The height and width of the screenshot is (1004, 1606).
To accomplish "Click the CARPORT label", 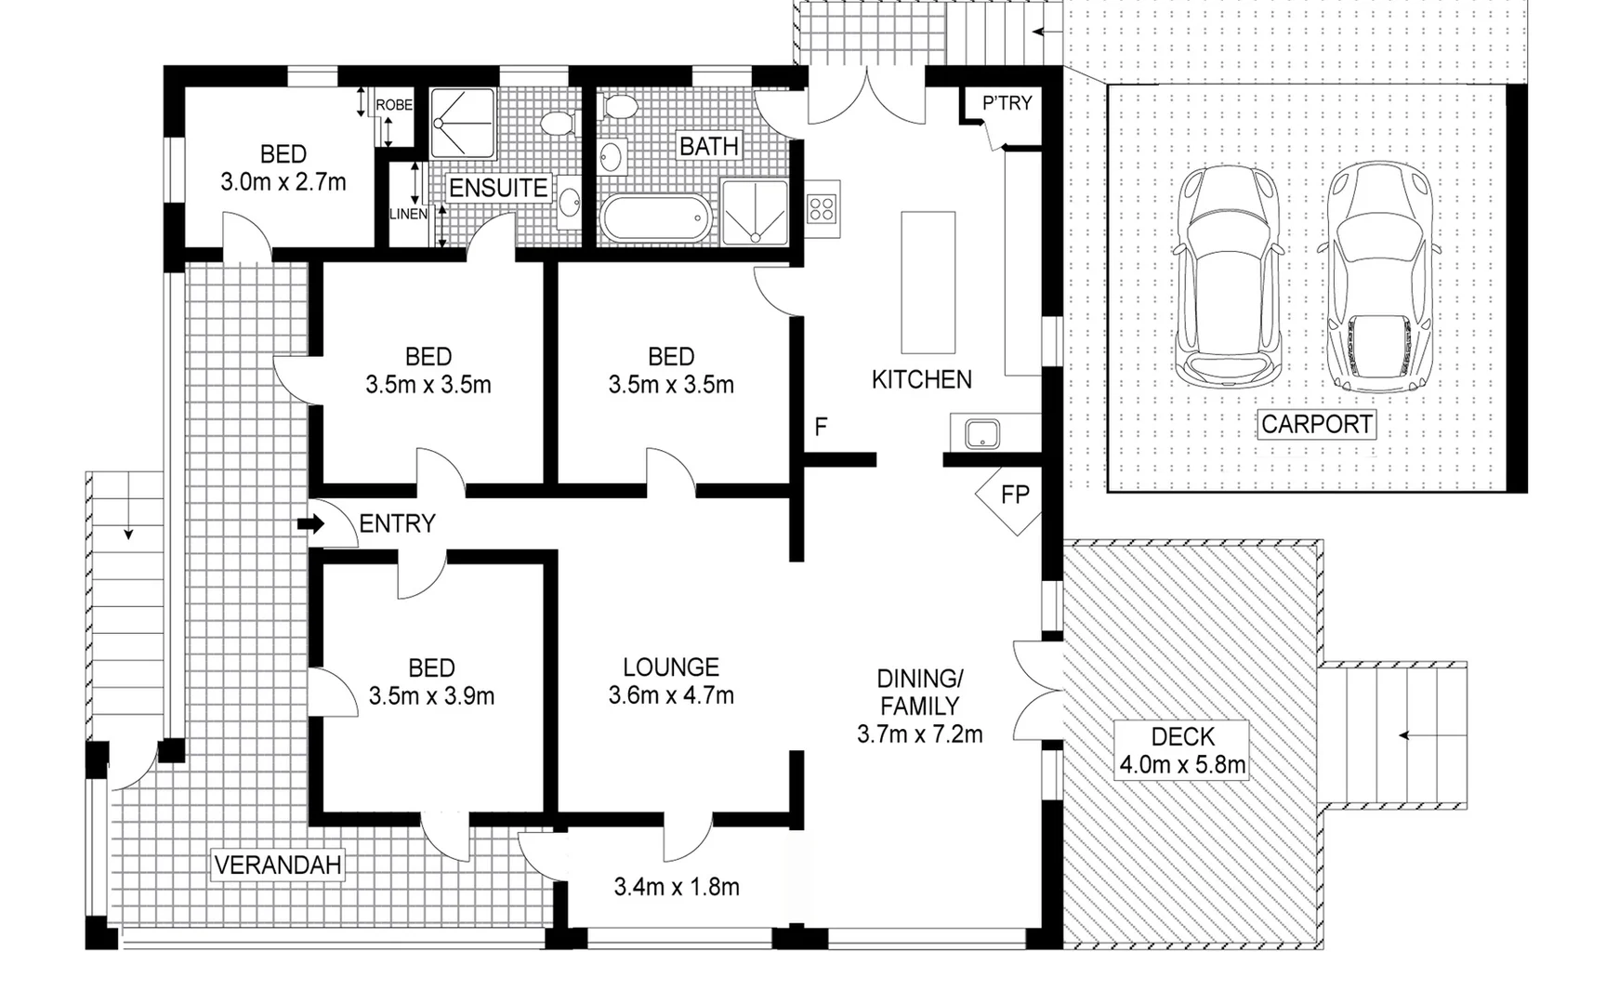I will pos(1316,425).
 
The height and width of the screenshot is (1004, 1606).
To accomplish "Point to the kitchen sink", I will pos(982,433).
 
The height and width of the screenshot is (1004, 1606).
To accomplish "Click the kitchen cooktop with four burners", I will pos(822,208).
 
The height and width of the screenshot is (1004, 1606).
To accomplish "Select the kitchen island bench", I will pos(928,282).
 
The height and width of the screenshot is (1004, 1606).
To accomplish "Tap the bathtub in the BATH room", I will pos(656,219).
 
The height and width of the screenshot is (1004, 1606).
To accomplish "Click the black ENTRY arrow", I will pos(310,524).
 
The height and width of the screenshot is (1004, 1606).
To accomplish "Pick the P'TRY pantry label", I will pos(1007,103).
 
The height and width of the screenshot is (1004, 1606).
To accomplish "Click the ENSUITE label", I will pos(498,188).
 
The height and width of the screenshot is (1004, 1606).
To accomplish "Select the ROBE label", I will pos(394,105).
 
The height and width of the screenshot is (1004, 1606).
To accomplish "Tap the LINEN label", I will pos(407,214).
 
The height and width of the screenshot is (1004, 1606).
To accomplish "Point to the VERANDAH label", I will pos(278,865).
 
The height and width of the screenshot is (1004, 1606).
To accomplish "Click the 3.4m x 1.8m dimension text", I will pos(677,887).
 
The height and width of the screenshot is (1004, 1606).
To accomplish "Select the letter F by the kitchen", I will pos(821,427).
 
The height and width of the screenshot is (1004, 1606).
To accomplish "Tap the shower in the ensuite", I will pos(462,123).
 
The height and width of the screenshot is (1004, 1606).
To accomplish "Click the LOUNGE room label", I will pos(671,667).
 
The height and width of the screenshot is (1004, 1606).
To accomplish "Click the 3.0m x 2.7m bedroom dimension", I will pos(283,182).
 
